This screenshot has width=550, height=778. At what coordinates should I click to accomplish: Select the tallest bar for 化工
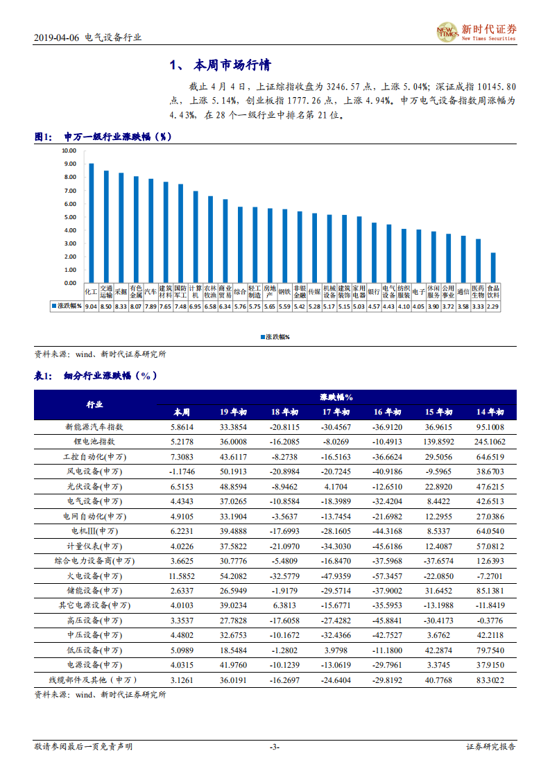click(x=91, y=223)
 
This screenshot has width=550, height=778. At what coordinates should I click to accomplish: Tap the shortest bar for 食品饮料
click(x=492, y=268)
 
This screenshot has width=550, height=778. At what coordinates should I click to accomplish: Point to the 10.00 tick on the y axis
click(x=69, y=150)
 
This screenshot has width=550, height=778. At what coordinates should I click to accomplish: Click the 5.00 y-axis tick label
click(x=69, y=216)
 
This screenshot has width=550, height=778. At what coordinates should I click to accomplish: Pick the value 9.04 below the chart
click(x=91, y=306)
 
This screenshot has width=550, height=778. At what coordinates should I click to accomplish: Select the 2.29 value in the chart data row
click(x=492, y=306)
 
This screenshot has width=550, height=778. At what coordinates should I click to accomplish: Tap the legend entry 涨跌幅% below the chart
click(x=275, y=337)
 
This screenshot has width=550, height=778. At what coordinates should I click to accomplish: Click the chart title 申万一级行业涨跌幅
click(x=117, y=137)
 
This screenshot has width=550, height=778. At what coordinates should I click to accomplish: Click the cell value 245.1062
click(x=490, y=442)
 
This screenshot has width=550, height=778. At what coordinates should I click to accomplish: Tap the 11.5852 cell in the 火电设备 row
click(x=182, y=576)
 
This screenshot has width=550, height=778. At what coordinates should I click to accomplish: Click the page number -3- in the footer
click(x=275, y=747)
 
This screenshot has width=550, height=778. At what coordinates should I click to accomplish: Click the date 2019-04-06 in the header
click(x=55, y=38)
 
